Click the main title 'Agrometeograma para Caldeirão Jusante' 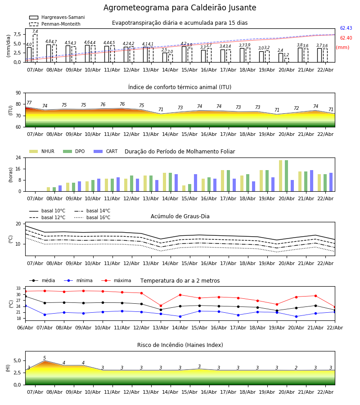(x=180, y=8)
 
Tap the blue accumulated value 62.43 (x=346, y=28)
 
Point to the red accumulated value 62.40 (x=346, y=38)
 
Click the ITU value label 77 (x=29, y=103)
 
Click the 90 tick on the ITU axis (x=18, y=93)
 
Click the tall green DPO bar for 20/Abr (x=286, y=175)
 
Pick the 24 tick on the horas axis (x=18, y=158)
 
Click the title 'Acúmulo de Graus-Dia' (x=180, y=216)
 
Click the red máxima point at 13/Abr (x=161, y=306)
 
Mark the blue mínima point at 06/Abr (x=25, y=306)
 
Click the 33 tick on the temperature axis (x=18, y=288)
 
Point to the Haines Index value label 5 (x=45, y=358)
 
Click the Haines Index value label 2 (x=296, y=368)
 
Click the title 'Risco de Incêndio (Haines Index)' (x=180, y=345)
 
